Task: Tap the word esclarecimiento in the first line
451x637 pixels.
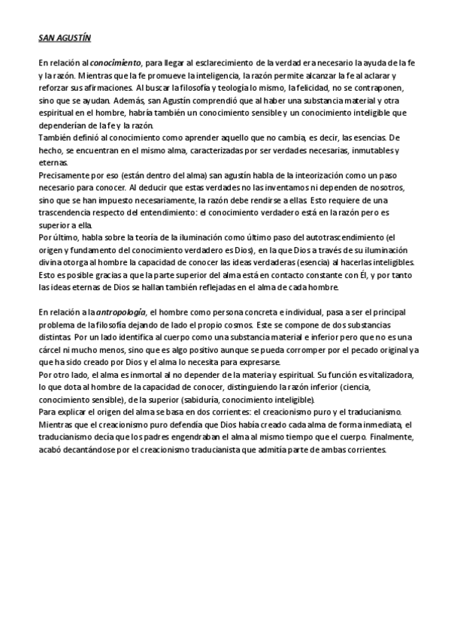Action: pos(220,65)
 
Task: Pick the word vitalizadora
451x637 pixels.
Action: pos(382,373)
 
